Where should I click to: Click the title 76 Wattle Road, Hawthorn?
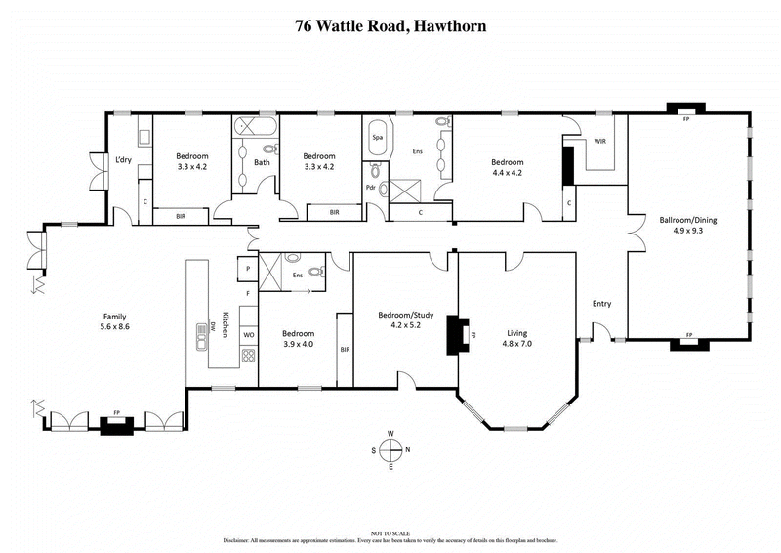[390, 26]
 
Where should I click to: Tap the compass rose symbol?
[390, 450]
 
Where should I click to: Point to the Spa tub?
[377, 139]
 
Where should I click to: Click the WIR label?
[601, 142]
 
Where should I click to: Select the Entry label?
[601, 304]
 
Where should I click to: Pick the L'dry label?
[123, 159]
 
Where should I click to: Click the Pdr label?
[370, 188]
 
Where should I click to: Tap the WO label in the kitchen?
[249, 335]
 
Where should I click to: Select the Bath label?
[262, 162]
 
